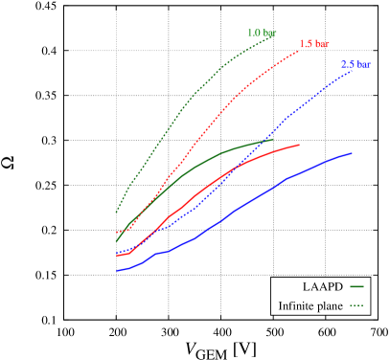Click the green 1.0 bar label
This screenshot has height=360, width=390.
coord(262,33)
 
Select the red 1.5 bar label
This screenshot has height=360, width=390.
coord(314,44)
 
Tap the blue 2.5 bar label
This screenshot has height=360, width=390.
coord(356,64)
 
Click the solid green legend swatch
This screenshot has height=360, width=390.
coord(356,286)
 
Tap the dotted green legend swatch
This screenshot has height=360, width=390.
coord(356,305)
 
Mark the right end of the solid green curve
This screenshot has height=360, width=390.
coord(273,140)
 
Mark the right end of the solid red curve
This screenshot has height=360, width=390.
coord(300,145)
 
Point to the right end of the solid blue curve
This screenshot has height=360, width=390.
coord(352,153)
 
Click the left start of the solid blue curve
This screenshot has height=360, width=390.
coord(117,270)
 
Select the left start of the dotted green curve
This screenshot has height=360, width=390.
coord(116,212)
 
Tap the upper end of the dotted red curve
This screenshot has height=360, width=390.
coord(299,51)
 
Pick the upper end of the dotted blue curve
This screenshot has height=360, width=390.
coord(354,70)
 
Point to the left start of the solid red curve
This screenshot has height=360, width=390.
coord(117,256)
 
